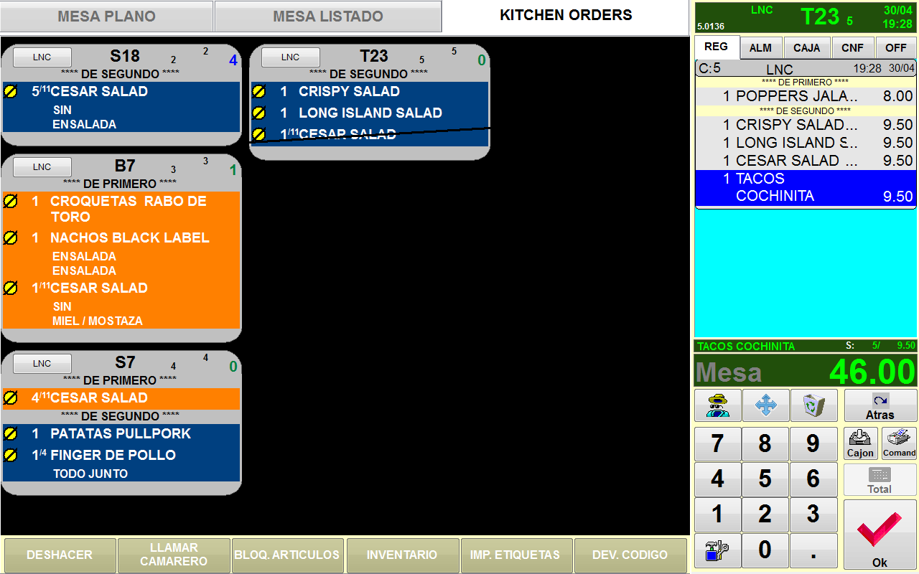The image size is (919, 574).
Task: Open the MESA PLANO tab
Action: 106,17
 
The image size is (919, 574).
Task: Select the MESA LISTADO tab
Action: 328,17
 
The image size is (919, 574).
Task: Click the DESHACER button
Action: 60,555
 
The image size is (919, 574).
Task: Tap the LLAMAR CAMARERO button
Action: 174,555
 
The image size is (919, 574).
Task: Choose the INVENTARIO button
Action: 402,555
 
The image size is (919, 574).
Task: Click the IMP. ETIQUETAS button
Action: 516,555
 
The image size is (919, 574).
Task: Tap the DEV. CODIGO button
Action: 630,555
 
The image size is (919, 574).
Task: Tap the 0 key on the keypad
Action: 765,550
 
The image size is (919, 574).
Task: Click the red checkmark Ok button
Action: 880,535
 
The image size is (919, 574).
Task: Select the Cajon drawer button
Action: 860,443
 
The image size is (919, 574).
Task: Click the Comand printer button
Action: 899,443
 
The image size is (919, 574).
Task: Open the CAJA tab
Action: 807,48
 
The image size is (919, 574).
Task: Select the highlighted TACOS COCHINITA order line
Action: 806,187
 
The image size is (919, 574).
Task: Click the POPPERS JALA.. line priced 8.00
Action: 806,96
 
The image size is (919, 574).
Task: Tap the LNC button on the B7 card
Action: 42,167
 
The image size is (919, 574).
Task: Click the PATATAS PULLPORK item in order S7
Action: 121,433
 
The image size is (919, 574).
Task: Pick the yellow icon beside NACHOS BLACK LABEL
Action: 11,237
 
